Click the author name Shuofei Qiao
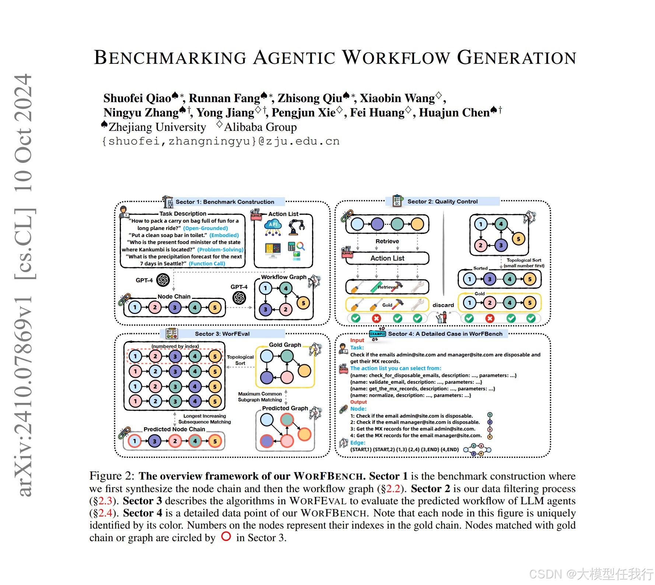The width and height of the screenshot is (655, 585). [137, 98]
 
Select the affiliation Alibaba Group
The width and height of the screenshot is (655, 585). [260, 127]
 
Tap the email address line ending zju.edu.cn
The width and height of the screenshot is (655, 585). [220, 142]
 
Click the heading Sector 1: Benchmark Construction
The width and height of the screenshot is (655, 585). [225, 202]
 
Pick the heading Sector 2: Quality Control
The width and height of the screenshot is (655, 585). [442, 202]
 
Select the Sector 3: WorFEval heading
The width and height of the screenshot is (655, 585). [222, 334]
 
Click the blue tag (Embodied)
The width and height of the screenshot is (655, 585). [224, 235]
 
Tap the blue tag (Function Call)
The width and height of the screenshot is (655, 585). [207, 264]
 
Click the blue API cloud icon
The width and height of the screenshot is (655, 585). [273, 226]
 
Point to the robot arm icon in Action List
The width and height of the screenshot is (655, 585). [297, 226]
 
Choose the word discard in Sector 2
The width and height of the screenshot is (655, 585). [443, 305]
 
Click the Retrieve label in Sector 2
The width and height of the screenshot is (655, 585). [387, 241]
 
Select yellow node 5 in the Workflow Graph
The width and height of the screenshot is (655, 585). [303, 303]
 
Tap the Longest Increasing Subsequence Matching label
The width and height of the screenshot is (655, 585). [204, 419]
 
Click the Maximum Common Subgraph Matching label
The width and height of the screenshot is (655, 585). [260, 397]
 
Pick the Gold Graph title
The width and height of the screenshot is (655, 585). [285, 345]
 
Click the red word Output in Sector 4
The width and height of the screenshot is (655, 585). [358, 402]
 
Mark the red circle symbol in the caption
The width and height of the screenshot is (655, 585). [226, 537]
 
